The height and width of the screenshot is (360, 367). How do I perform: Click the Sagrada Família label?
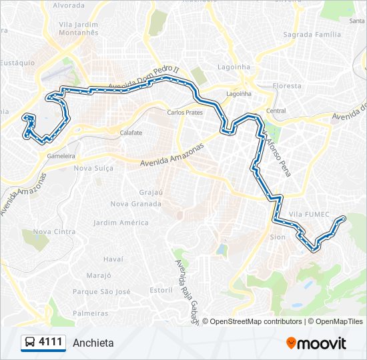coord(311,34)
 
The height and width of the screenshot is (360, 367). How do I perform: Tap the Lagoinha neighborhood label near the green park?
coord(234,67)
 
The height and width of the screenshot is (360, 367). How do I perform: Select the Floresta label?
coord(287,86)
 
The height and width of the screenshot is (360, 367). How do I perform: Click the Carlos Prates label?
coord(185,113)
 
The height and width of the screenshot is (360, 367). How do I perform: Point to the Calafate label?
coord(131,133)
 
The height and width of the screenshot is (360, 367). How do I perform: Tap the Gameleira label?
coord(61,156)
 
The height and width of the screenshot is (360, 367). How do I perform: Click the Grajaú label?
coord(152,192)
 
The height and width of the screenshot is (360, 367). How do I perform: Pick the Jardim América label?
coord(121,223)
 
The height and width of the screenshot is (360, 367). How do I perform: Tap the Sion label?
coord(277,237)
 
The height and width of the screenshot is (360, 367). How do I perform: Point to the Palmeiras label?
coord(90,313)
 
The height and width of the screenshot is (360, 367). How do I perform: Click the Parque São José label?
coord(101,291)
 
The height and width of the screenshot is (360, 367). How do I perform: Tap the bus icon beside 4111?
coord(30,343)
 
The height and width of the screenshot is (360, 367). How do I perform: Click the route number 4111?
coord(51,343)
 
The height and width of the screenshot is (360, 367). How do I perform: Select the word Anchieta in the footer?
coord(93,343)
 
